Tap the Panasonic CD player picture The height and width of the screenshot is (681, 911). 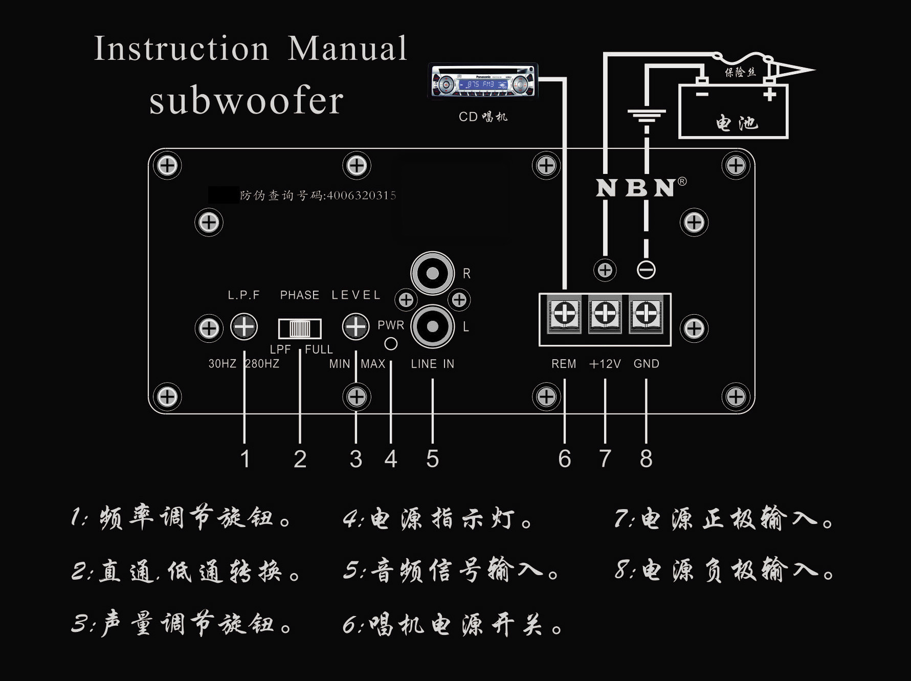pyautogui.click(x=483, y=81)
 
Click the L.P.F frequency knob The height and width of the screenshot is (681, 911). pyautogui.click(x=244, y=327)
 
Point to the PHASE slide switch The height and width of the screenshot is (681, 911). pyautogui.click(x=300, y=328)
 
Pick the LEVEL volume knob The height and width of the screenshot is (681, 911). pyautogui.click(x=355, y=327)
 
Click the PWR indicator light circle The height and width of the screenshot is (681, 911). pyautogui.click(x=391, y=344)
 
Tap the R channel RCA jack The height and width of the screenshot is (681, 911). pyautogui.click(x=433, y=273)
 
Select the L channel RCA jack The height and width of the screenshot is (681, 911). pyautogui.click(x=433, y=326)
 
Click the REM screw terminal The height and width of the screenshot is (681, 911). pyautogui.click(x=564, y=313)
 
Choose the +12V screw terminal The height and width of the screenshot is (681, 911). pyautogui.click(x=605, y=313)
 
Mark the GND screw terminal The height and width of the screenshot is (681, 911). pyautogui.click(x=646, y=313)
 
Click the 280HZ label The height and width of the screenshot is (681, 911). pyautogui.click(x=263, y=364)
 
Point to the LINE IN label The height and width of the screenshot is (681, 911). pyautogui.click(x=432, y=364)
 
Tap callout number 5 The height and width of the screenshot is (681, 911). pyautogui.click(x=433, y=459)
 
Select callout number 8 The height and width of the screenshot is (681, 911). pyautogui.click(x=646, y=459)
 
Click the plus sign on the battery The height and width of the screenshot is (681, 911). pyautogui.click(x=770, y=95)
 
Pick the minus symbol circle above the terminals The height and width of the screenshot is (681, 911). pyautogui.click(x=646, y=270)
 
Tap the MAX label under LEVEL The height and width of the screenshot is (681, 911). pyautogui.click(x=373, y=364)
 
